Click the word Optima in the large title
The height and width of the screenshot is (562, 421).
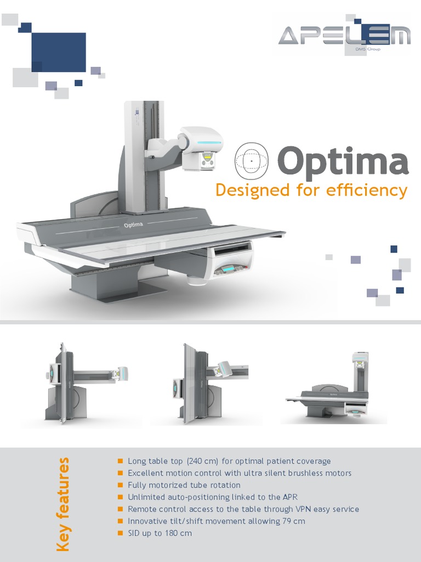pos(343,162)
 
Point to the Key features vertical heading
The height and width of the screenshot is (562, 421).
pos(64,504)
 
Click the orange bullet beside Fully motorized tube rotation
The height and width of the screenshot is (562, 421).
pos(120,485)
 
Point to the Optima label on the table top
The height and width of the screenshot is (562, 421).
pos(133,224)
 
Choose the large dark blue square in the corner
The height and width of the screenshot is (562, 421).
pos(59,52)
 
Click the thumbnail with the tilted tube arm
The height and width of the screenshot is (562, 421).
pos(211,384)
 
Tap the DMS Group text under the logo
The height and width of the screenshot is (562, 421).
pos(369,49)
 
